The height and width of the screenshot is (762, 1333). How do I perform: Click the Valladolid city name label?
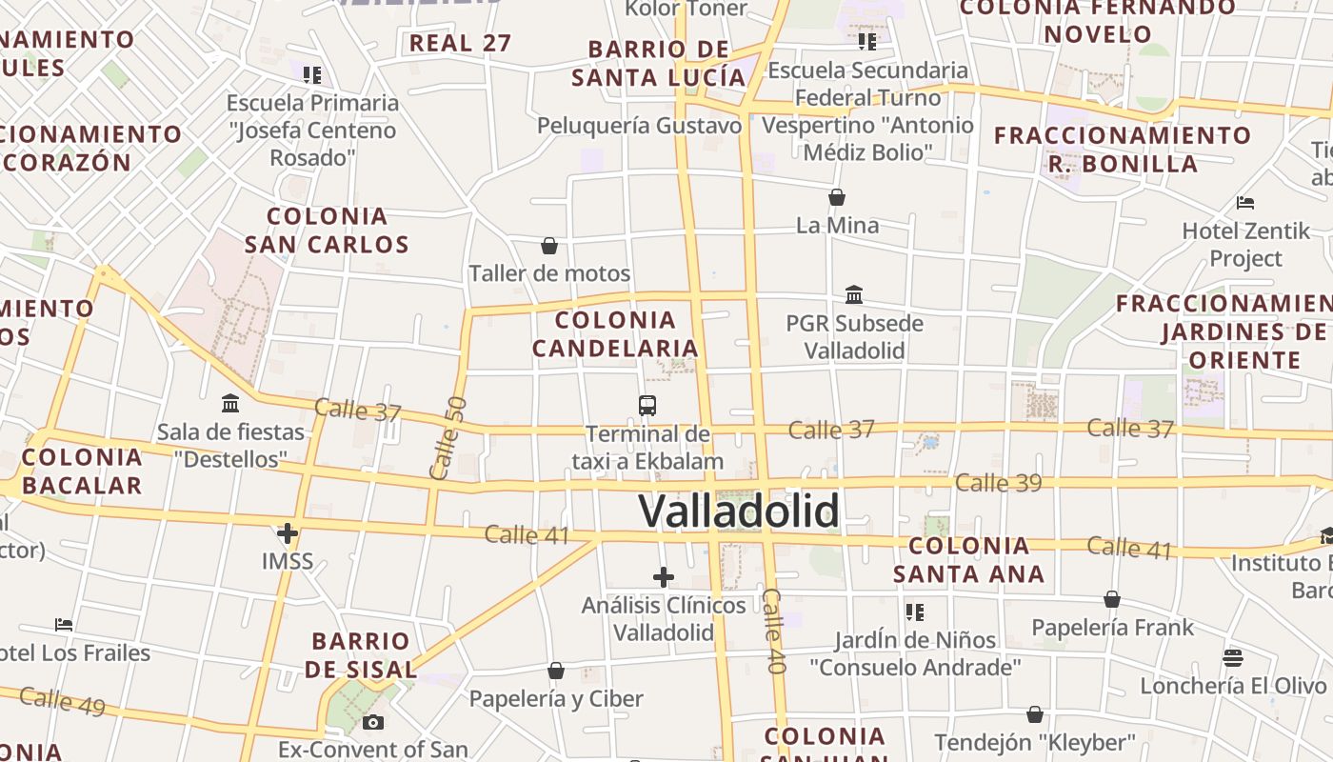click(739, 511)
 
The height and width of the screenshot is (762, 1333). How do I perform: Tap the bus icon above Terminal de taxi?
click(647, 406)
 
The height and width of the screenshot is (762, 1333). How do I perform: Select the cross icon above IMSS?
click(287, 533)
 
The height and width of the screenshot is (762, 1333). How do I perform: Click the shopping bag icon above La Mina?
click(837, 198)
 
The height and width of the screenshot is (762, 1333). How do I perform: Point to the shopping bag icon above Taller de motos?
click(549, 246)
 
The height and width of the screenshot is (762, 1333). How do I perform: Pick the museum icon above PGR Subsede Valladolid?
click(854, 295)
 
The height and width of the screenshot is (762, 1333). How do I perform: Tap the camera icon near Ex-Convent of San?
click(373, 722)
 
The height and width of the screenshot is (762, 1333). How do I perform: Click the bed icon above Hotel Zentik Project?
click(1245, 203)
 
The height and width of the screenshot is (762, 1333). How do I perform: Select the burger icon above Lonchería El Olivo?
click(1233, 658)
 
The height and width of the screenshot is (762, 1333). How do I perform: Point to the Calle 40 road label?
click(773, 631)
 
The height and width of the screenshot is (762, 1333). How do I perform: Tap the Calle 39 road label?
click(999, 483)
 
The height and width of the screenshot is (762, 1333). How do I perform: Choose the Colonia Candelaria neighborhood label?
click(615, 334)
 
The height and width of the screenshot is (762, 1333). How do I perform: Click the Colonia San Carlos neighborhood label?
click(327, 231)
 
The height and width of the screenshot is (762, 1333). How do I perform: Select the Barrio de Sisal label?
click(361, 654)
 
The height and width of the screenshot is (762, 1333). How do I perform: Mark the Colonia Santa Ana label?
click(969, 560)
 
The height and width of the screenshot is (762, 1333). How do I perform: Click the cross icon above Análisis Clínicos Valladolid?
click(664, 577)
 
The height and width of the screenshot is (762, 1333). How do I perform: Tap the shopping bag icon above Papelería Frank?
click(1112, 599)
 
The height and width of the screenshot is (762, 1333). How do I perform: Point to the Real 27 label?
click(461, 43)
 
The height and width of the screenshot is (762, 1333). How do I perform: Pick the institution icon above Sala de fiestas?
click(230, 404)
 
